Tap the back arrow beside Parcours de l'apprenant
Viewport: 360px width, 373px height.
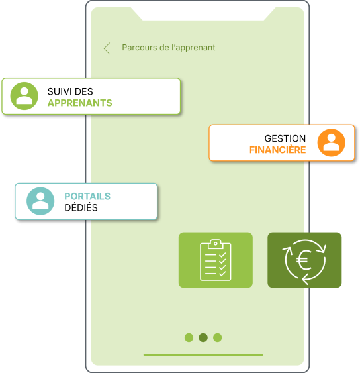coord(107,48)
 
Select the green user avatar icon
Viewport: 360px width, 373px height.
coord(24,96)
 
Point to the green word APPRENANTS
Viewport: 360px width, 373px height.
coord(80,103)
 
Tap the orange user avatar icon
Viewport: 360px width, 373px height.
coord(332,142)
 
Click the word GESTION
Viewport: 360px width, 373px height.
coord(285,138)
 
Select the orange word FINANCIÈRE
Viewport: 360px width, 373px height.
coord(277,150)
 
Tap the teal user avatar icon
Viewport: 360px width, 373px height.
coord(40,201)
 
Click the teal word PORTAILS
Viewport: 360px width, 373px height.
coord(87,197)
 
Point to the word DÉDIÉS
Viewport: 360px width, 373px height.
coord(81,207)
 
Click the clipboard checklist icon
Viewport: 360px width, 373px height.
coord(216,260)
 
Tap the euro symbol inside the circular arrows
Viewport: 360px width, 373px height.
coord(304,260)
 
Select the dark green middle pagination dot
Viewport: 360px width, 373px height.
coord(203,337)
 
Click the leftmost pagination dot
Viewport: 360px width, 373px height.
coord(189,337)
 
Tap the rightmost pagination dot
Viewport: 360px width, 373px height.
coord(218,337)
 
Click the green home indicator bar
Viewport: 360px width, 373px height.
coord(203,355)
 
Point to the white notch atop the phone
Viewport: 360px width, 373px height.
coord(203,13)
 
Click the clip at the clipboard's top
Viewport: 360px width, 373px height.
coord(215,244)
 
